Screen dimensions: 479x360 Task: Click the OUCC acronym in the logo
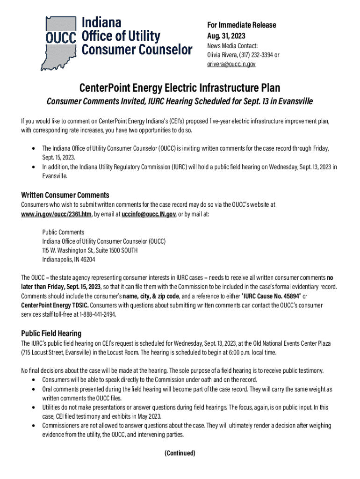pos(60,37)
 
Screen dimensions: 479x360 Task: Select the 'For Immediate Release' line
pos(242,25)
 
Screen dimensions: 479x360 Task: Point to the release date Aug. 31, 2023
pos(226,36)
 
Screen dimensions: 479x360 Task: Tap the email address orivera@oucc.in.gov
pos(231,64)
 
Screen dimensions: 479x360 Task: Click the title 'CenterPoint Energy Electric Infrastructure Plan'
pos(180,88)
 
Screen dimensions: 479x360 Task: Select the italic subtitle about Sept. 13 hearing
pos(180,102)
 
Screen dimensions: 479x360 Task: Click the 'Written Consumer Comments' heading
pos(65,195)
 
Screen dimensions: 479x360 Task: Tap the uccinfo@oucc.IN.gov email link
pos(148,214)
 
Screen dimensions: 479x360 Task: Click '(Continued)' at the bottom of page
pos(180,453)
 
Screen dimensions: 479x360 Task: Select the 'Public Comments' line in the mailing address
pos(63,232)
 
